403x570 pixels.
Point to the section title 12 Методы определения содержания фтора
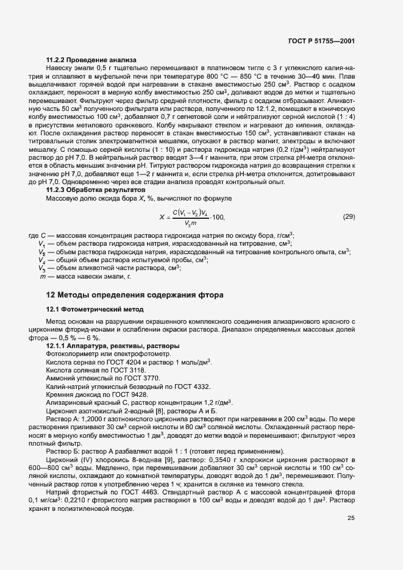[x=135, y=295]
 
